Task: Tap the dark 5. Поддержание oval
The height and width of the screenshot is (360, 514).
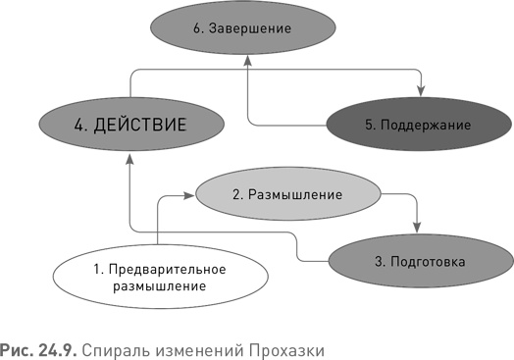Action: (x=415, y=125)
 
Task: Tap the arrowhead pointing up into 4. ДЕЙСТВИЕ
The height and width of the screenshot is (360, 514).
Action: (x=130, y=160)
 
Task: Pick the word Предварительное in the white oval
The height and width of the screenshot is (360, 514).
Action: (x=163, y=269)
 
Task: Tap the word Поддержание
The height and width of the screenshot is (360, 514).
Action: (x=427, y=125)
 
